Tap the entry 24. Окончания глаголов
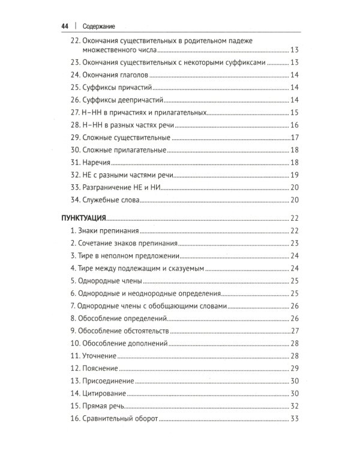pyautogui.click(x=109, y=75)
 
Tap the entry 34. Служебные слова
pyautogui.click(x=105, y=200)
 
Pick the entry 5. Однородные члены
pyautogui.click(x=106, y=281)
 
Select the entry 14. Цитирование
pyautogui.click(x=98, y=394)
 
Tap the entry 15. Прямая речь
pyautogui.click(x=99, y=406)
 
